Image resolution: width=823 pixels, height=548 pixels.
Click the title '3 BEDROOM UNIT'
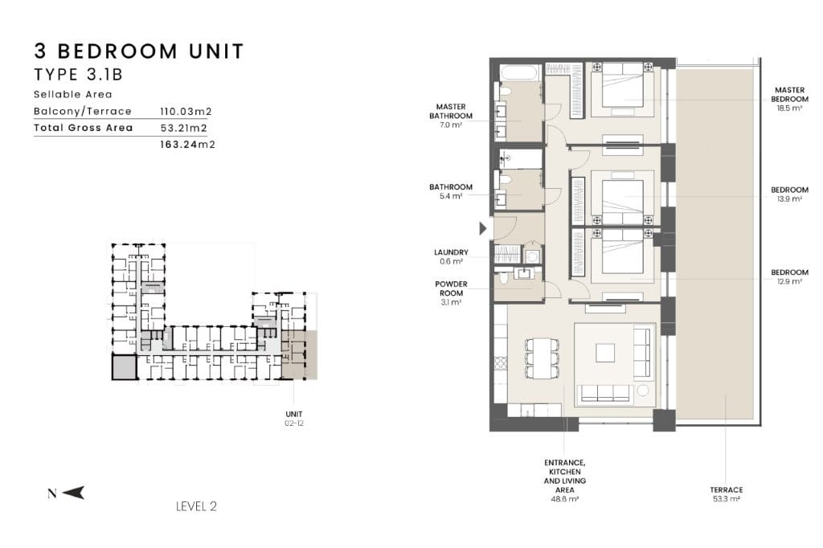139,51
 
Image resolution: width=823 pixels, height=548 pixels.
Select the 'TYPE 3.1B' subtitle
78,75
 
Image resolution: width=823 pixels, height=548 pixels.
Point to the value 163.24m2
187,145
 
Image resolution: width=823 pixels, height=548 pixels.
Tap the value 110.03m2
186,111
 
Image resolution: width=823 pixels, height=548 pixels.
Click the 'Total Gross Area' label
83,128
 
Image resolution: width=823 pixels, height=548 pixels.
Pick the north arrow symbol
73,493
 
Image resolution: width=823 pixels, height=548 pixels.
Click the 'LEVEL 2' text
196,506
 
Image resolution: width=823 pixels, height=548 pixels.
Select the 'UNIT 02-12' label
294,419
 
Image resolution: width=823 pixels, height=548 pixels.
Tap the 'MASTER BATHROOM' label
451,111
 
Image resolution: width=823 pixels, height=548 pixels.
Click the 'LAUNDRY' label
451,252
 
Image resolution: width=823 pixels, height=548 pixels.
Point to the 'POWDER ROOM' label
451,288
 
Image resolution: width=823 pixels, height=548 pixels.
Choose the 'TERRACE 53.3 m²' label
727,494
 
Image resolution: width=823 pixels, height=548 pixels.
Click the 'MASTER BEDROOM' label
789,95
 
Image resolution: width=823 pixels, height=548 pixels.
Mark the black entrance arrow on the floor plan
483,228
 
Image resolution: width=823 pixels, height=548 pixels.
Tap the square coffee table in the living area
605,353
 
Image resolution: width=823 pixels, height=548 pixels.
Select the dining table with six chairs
542,358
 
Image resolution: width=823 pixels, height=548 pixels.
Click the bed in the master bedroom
623,89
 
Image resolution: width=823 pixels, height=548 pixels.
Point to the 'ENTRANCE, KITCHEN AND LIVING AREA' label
565,476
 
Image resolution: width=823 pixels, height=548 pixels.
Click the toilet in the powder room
505,278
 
